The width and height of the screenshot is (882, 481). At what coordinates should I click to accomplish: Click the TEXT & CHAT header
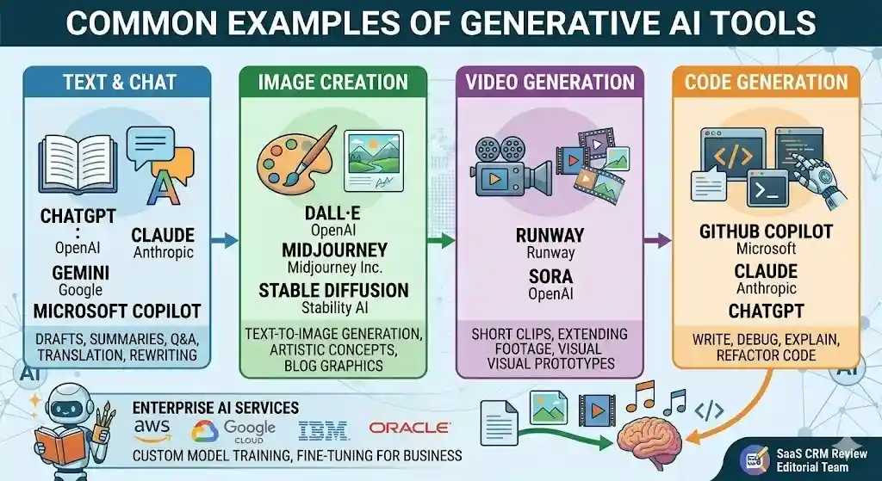coord(119,83)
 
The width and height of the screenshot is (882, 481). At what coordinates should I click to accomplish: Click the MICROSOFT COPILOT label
coord(117,311)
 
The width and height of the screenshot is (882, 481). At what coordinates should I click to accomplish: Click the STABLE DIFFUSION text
coord(333,290)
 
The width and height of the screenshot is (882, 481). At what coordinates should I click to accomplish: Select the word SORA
coord(550,277)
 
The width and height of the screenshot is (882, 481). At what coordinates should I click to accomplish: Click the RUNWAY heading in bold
coord(550,235)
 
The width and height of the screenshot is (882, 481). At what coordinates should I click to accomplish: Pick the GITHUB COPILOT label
coord(767,231)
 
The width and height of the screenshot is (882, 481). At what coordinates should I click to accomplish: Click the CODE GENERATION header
coord(767,83)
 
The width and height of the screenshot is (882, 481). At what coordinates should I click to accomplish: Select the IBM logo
coord(324,429)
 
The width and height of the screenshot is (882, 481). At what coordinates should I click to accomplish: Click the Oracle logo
coord(409,428)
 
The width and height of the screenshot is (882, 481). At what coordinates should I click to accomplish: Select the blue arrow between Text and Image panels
coord(225,241)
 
